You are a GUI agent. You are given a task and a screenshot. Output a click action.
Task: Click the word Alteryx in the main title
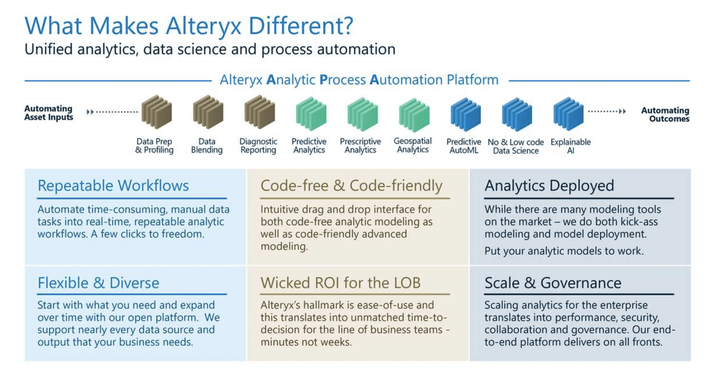pyautogui.click(x=203, y=26)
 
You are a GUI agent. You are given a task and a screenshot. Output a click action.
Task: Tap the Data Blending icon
pyautogui.click(x=208, y=112)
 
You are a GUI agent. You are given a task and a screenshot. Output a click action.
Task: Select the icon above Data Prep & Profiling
pyautogui.click(x=156, y=112)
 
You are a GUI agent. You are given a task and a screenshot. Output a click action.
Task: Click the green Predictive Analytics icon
pyautogui.click(x=311, y=114)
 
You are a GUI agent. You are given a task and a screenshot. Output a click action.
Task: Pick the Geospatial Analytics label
pyautogui.click(x=413, y=145)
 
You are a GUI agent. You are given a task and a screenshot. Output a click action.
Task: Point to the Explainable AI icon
pyautogui.click(x=568, y=114)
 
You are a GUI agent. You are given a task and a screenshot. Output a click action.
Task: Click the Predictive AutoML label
pyautogui.click(x=464, y=146)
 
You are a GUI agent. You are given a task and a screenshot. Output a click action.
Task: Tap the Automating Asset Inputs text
pyautogui.click(x=48, y=113)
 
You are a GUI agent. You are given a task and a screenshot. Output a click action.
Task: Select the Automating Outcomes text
pyautogui.click(x=665, y=114)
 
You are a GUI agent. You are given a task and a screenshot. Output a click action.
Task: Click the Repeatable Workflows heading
pyautogui.click(x=113, y=186)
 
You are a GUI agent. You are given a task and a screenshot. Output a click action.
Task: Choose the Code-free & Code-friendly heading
pyautogui.click(x=351, y=186)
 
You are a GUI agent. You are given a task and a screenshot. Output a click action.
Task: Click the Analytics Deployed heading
pyautogui.click(x=549, y=186)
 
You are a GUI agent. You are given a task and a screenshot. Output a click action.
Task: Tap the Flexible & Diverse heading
pyautogui.click(x=98, y=283)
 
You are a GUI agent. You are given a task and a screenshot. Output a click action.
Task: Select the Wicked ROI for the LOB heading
pyautogui.click(x=340, y=283)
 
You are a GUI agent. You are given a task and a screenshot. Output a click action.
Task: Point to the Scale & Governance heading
pyautogui.click(x=552, y=283)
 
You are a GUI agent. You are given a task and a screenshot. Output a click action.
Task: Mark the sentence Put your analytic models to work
pyautogui.click(x=564, y=251)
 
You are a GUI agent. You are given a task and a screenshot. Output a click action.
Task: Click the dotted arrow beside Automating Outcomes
pyautogui.click(x=607, y=111)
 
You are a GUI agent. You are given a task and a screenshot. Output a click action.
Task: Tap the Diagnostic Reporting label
pyautogui.click(x=258, y=146)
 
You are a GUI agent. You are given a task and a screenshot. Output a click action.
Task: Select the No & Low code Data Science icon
pyautogui.click(x=516, y=114)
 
